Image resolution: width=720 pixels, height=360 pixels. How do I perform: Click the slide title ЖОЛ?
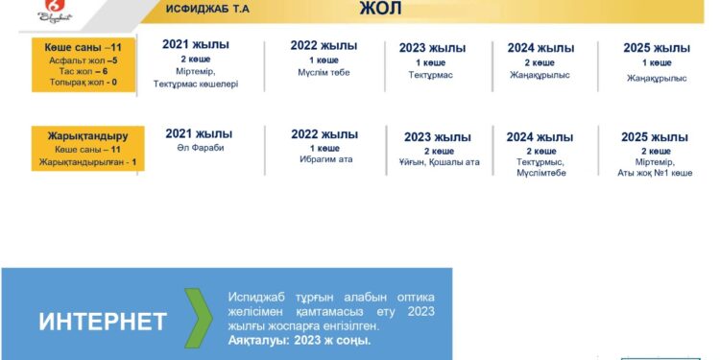click(380, 11)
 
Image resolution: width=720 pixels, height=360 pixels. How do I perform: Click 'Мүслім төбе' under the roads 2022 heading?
click(324, 72)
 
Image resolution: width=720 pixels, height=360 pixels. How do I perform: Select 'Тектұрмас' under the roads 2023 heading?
click(430, 75)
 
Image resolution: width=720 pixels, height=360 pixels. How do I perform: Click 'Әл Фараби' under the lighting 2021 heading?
click(200, 148)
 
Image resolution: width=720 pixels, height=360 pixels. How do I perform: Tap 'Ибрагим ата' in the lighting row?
click(325, 159)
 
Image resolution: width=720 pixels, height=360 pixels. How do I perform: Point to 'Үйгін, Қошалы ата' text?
click(439, 162)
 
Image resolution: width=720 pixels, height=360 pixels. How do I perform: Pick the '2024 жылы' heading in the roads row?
click(540, 48)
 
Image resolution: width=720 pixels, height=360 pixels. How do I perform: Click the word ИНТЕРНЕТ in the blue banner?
click(103, 322)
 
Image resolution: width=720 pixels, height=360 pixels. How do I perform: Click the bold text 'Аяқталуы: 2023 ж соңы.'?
click(300, 341)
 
